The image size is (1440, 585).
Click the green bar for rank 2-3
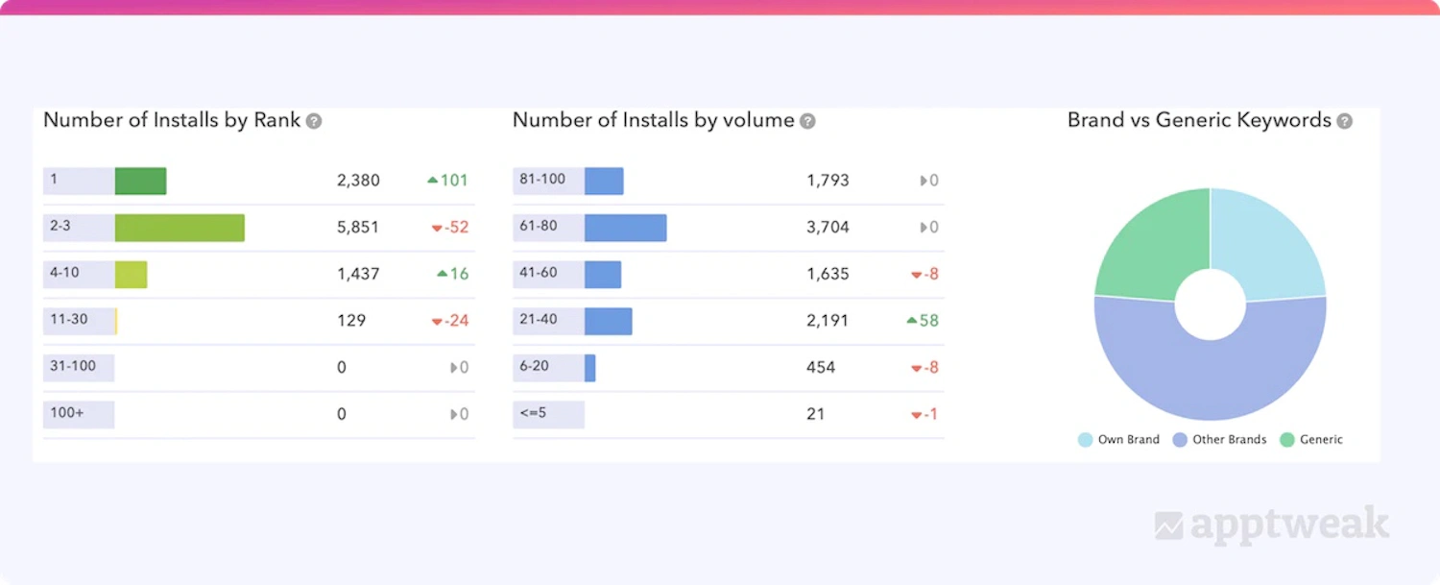point(180,228)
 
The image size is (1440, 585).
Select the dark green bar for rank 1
point(140,181)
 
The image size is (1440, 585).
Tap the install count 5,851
point(358,228)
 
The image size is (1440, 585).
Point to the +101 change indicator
point(447,181)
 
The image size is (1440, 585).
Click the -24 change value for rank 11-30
point(450,321)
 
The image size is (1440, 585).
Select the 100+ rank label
point(67,413)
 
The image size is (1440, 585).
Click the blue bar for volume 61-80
point(625,228)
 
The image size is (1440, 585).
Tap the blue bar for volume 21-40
point(608,321)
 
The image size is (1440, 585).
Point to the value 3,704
point(828,228)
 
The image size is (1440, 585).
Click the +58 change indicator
point(923,321)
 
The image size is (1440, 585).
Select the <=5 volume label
point(535,413)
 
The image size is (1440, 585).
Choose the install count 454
point(821,367)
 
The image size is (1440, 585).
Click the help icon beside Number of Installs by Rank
point(314,121)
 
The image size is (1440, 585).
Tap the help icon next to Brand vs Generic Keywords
point(1345,121)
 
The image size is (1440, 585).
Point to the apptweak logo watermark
point(1272,524)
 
